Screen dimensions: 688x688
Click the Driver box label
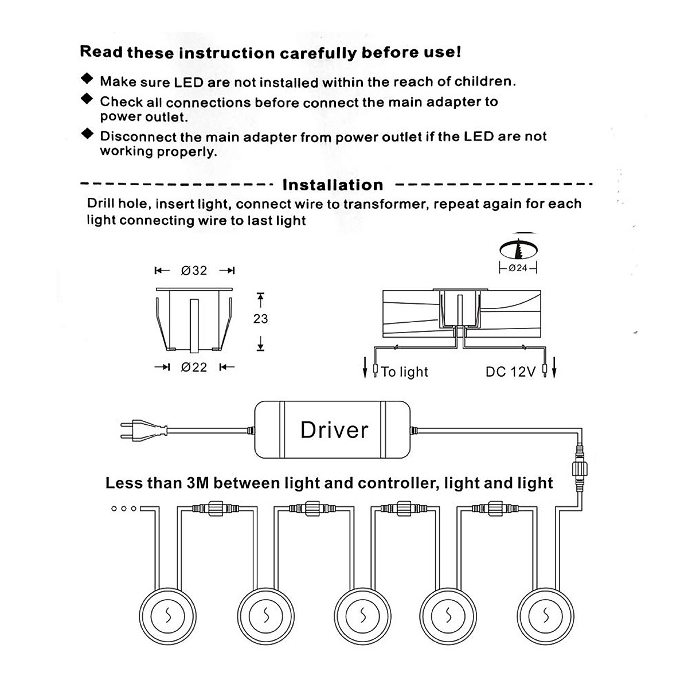coord(334,430)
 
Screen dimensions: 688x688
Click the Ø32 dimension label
coord(194,271)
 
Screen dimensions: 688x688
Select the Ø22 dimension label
coord(194,368)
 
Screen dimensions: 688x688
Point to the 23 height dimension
coord(260,319)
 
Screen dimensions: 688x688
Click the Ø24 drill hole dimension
coord(518,268)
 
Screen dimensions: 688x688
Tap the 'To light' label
coord(405,372)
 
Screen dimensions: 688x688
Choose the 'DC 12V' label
coord(510,372)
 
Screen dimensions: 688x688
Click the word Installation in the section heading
coord(333,185)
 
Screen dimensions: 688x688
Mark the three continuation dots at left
coord(124,509)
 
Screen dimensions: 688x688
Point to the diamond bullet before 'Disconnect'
coord(87,134)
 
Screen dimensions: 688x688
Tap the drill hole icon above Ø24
coord(519,248)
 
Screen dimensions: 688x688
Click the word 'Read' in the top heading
coord(101,52)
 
